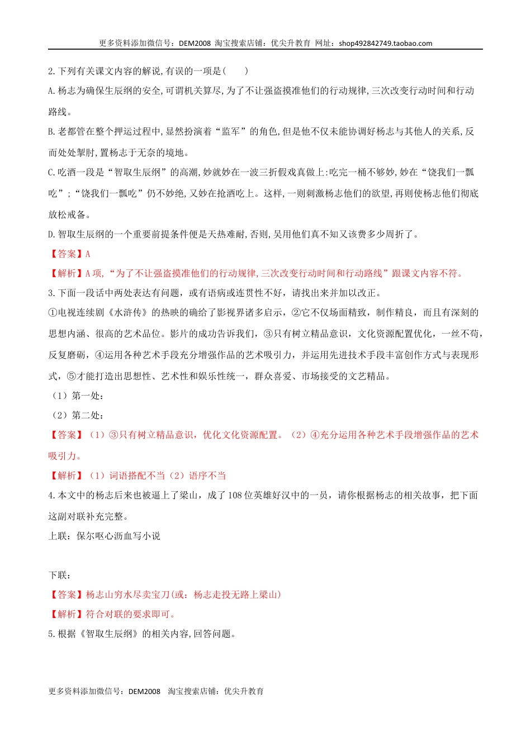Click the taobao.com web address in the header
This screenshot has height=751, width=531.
pos(385,44)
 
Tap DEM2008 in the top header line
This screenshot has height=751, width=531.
pos(195,44)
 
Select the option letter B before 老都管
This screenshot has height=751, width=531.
pos(51,132)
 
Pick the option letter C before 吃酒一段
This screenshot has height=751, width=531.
pos(51,173)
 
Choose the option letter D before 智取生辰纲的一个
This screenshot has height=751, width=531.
pos(51,234)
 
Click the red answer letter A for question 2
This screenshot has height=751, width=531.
pos(88,254)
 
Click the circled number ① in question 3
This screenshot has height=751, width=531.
pos(53,313)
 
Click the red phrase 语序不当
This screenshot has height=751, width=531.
pos(207,476)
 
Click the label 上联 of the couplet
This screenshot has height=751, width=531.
pos(58,536)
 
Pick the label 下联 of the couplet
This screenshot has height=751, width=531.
pos(58,576)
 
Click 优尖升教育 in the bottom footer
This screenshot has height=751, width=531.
pos(244,691)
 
